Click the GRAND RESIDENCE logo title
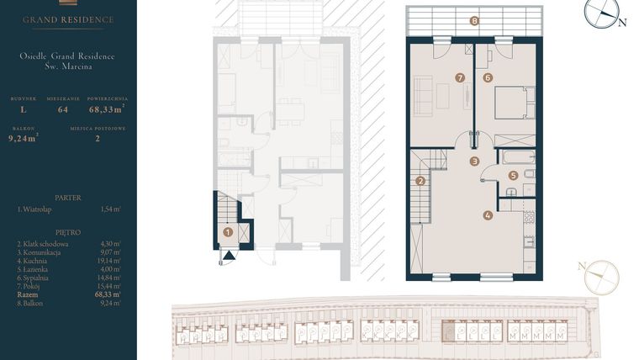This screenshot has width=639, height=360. tap(68, 19)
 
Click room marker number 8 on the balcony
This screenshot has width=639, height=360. tap(475, 21)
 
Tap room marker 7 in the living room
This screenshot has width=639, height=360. tap(459, 77)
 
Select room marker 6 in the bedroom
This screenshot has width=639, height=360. tap(488, 77)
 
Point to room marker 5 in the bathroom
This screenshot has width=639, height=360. tap(513, 175)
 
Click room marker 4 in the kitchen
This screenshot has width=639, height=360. tap(488, 214)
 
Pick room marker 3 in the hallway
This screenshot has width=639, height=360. tap(474, 161)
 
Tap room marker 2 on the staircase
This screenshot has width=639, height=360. tap(420, 180)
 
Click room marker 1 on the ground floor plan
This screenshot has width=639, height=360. tap(227, 231)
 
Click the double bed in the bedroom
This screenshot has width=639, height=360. tap(513, 103)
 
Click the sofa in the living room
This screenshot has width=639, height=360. tap(423, 96)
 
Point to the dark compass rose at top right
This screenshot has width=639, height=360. tap(602, 13)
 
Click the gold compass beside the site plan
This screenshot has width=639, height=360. tap(600, 277)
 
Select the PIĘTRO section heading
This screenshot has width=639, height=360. tap(67, 231)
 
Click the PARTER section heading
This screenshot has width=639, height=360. tap(67, 198)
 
